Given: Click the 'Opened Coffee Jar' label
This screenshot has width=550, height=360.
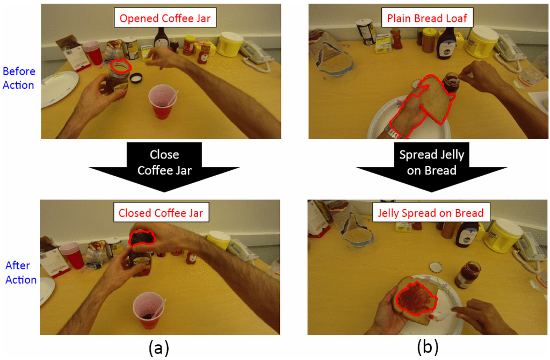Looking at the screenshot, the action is tap(161, 19).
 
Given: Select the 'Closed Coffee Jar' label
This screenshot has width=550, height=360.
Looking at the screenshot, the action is tap(161, 213).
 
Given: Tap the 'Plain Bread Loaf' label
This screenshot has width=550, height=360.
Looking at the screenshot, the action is tap(427, 19).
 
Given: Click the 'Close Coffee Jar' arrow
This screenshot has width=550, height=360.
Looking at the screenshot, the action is tap(164, 163).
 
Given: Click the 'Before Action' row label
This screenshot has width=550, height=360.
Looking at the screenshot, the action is tap(19, 78).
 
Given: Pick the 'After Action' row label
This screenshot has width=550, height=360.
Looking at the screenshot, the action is tap(21, 272).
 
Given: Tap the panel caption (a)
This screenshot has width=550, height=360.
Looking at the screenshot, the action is tap(159, 348).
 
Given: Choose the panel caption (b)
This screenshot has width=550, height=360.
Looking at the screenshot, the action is tap(428, 348).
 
